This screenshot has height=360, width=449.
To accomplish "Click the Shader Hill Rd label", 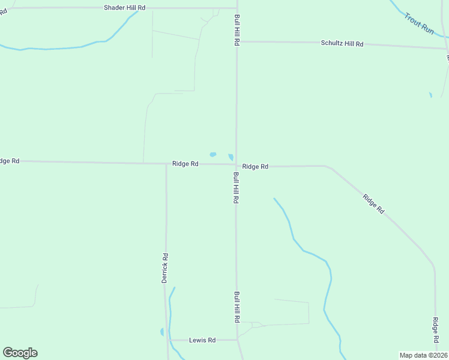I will pos(124,7).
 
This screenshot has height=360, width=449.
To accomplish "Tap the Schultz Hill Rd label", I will pos(342,44).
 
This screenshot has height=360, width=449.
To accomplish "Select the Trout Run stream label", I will pos(418,23).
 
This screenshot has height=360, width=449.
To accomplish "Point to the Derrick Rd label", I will pos(164,268).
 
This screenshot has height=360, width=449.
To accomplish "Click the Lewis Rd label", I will pos(202,340).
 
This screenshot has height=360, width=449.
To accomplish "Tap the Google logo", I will pos(20,353).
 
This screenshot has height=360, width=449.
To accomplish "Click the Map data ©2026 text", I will pos(423,355).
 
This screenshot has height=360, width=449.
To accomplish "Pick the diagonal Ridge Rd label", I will pos(373,203).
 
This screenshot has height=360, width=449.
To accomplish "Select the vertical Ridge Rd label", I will pos(436,330).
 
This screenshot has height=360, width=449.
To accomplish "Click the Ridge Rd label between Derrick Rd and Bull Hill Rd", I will pos(185,164).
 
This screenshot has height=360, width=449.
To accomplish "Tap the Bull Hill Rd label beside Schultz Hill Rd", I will pos(237,31).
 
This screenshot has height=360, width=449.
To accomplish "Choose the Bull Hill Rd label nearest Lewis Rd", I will pos(237,307).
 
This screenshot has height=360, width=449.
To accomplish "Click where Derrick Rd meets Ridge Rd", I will pos(166,164).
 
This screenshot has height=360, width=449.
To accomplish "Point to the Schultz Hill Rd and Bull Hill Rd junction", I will pos(237,41).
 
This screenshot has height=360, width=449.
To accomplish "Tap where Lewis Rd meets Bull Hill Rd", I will pos(238,340).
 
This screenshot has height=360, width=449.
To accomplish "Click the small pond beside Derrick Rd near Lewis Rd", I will pos(161,332).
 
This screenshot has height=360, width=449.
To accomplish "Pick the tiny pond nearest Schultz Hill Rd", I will pos(430,95).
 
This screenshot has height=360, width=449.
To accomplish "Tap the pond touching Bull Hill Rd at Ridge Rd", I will pos(231,157).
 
